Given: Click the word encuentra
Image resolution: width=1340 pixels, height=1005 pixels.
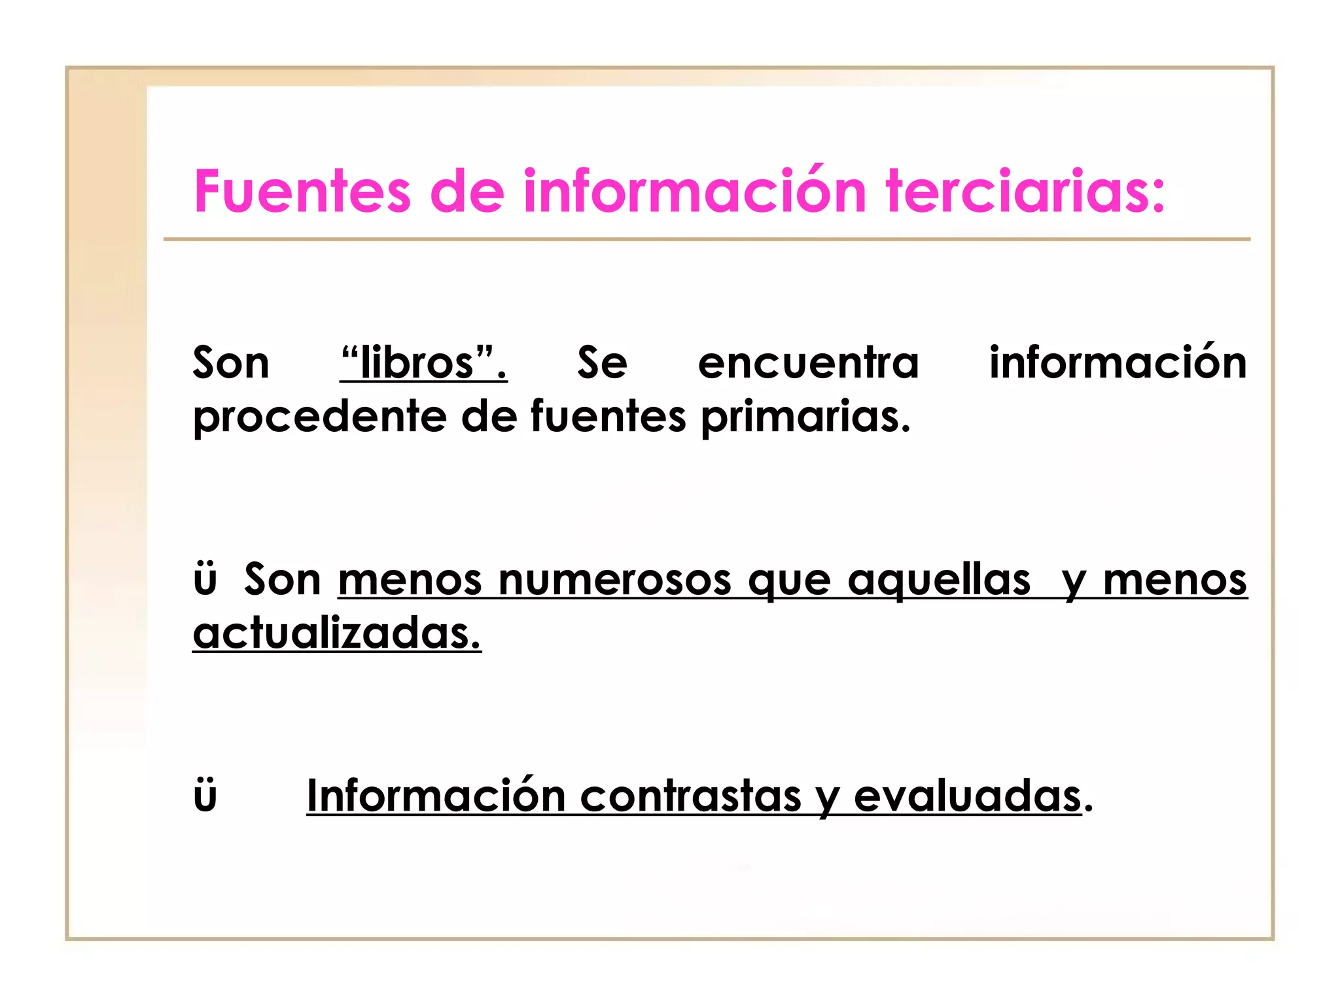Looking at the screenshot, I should pyautogui.click(x=808, y=363).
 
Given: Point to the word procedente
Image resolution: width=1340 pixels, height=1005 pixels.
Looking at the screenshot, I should pyautogui.click(x=319, y=417).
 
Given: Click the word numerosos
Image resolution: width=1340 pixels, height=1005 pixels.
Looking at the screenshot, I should pyautogui.click(x=615, y=580).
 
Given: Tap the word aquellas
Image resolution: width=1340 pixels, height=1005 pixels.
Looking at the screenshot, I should pyautogui.click(x=939, y=580).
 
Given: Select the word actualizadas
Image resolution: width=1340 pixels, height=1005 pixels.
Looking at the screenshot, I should pyautogui.click(x=337, y=633).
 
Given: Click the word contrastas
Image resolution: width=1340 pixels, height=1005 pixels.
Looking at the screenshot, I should pyautogui.click(x=690, y=796).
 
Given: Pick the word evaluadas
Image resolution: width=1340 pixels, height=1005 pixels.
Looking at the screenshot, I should pyautogui.click(x=968, y=796).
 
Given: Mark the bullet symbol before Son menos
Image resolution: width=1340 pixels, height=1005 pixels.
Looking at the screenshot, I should pyautogui.click(x=205, y=581).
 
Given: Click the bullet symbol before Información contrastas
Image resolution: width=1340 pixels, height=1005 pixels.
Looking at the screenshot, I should pyautogui.click(x=205, y=797).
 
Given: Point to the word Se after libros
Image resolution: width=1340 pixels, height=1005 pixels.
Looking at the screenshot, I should pyautogui.click(x=602, y=363).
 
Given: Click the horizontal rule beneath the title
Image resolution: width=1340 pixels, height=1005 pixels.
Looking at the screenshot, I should pyautogui.click(x=707, y=239).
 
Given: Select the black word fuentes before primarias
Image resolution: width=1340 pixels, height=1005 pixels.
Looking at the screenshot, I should pyautogui.click(x=608, y=416).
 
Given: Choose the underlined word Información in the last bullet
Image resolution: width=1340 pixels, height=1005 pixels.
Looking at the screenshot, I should pyautogui.click(x=436, y=796).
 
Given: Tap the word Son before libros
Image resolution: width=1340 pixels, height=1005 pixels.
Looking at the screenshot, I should pyautogui.click(x=231, y=363).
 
